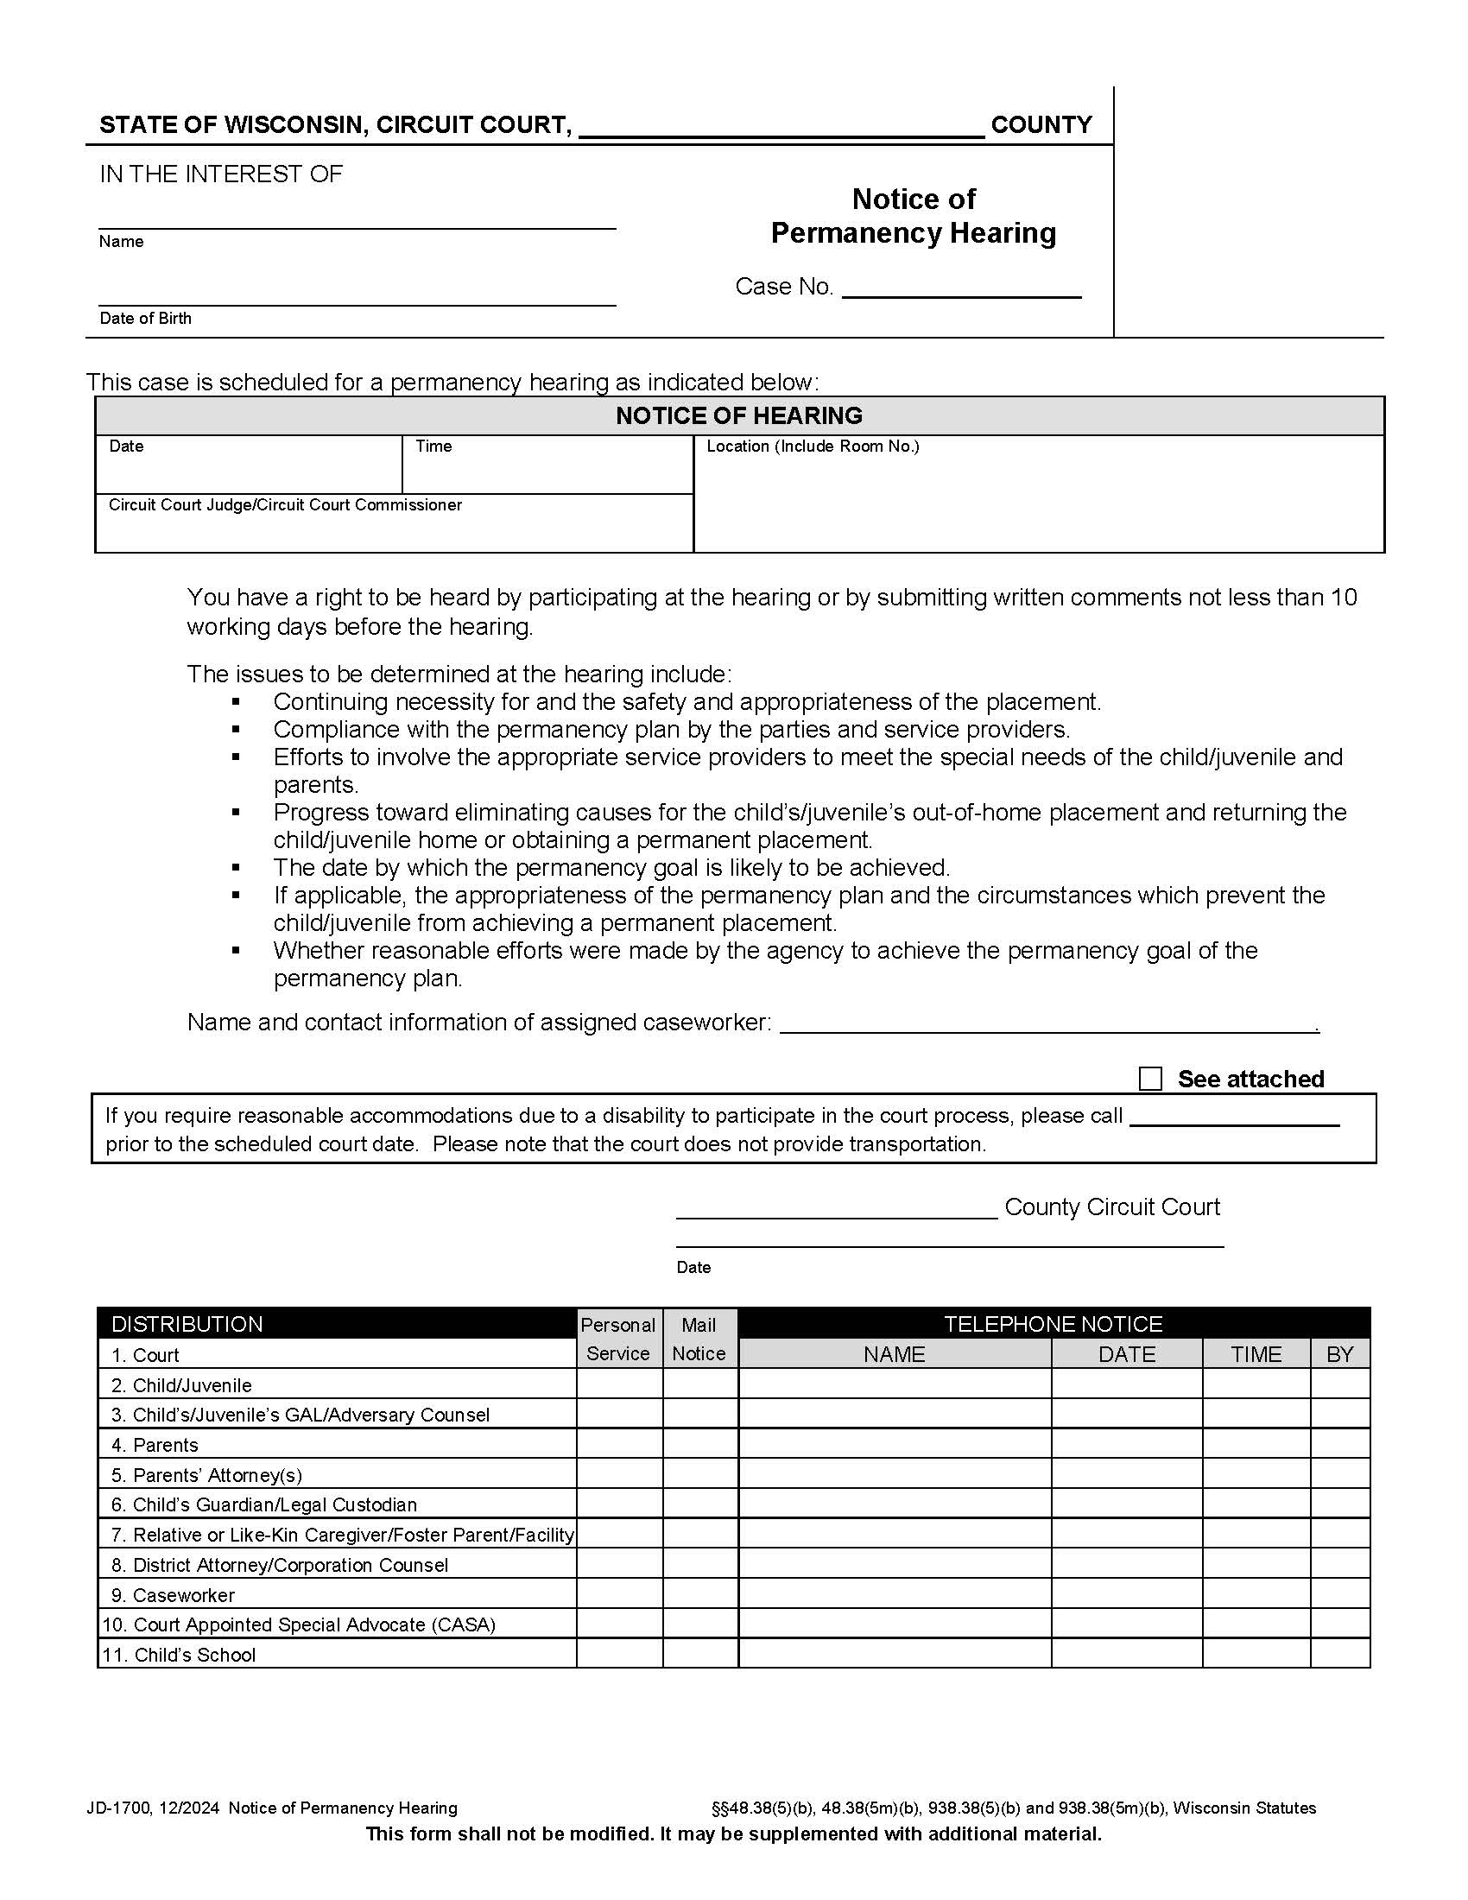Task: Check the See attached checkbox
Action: [x=1149, y=1079]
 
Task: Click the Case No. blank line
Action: [x=961, y=288]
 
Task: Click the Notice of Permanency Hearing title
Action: [x=913, y=216]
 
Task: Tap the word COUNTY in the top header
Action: [x=1041, y=124]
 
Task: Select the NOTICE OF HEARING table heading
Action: [x=738, y=416]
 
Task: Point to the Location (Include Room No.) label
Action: [x=813, y=446]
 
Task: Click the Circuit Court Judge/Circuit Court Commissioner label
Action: [x=285, y=505]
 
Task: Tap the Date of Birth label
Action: [x=145, y=319]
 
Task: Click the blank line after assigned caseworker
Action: [x=1048, y=1024]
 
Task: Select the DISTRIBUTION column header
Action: [x=187, y=1324]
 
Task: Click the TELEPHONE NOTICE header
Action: [x=1053, y=1324]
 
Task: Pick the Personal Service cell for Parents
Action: [x=619, y=1445]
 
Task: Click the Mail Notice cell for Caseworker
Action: [x=700, y=1594]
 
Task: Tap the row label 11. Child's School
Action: [x=179, y=1655]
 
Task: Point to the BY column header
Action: [x=1339, y=1354]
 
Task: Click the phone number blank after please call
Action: [x=1233, y=1117]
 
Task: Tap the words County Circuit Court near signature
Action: [x=1111, y=1207]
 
